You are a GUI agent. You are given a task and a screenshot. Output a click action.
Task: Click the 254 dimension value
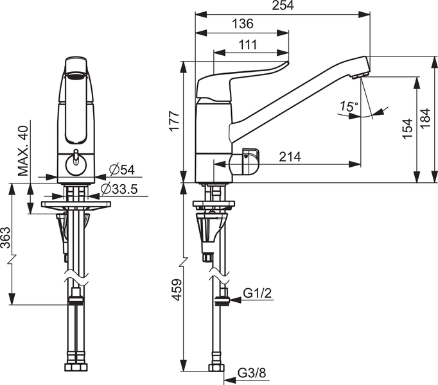(283, 5)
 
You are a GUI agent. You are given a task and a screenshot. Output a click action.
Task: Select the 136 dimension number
(243, 24)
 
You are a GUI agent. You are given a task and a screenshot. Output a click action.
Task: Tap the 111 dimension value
(248, 45)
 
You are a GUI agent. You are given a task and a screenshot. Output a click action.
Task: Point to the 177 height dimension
(175, 121)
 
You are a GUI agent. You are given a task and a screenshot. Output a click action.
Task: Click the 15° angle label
(349, 107)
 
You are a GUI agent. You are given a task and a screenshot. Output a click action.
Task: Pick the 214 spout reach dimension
(290, 157)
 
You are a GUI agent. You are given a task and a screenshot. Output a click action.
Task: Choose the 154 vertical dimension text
(408, 128)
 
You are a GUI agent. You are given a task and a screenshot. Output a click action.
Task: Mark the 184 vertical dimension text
(425, 118)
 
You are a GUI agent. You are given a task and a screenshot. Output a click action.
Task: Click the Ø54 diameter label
(122, 170)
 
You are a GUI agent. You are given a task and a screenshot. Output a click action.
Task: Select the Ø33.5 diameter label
(119, 189)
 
